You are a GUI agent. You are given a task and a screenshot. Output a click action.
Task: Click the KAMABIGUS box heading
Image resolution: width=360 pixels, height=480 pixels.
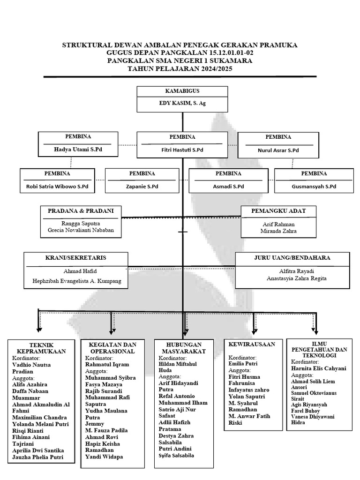[182, 91]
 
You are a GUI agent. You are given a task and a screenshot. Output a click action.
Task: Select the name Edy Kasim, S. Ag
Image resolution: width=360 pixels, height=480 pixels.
[182, 104]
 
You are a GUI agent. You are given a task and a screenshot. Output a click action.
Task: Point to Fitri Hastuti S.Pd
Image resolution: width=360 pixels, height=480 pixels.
[179, 150]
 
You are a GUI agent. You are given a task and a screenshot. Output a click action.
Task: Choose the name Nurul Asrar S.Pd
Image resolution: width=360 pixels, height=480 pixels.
[278, 150]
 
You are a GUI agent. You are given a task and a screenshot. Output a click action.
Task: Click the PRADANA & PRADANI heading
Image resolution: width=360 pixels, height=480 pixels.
[81, 211]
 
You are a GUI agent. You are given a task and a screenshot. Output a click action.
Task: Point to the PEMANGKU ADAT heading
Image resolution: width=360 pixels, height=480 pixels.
[278, 211]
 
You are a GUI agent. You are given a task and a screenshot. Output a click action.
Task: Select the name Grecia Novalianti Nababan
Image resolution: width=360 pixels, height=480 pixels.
[81, 231]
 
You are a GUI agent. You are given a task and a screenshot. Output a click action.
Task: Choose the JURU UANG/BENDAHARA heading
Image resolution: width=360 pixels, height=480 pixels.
[292, 258]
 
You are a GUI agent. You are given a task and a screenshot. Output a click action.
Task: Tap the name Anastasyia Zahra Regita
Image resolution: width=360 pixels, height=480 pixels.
[292, 278]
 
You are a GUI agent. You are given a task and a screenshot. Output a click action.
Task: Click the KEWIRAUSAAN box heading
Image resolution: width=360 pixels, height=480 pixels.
[252, 345]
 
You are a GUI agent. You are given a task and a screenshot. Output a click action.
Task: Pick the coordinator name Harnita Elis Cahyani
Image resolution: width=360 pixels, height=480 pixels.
[319, 368]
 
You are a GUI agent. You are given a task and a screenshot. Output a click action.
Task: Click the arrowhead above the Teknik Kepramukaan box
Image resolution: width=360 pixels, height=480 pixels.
[37, 330]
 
